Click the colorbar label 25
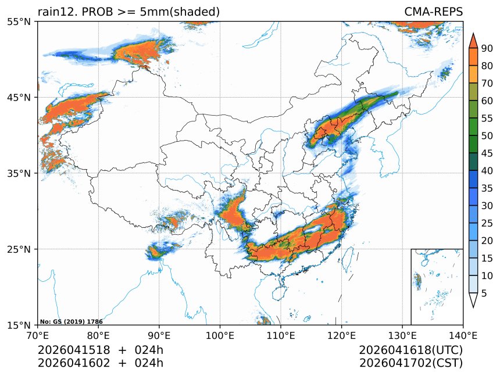(487, 223)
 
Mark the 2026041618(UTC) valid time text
(410, 350)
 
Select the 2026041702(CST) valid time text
(410, 363)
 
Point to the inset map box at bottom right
(437, 287)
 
